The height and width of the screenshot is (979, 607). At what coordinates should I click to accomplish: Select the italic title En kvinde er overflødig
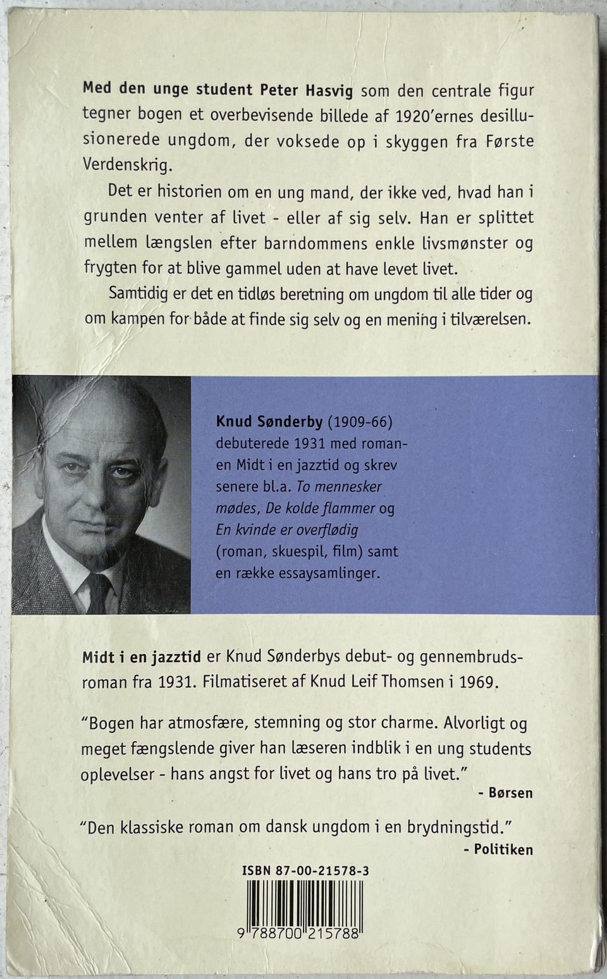pyautogui.click(x=286, y=529)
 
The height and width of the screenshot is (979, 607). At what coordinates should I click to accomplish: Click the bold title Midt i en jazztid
pyautogui.click(x=142, y=657)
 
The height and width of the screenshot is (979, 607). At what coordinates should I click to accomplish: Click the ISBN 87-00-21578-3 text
pyautogui.click(x=305, y=871)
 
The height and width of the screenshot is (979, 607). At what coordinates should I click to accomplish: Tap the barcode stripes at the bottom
pyautogui.click(x=305, y=903)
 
